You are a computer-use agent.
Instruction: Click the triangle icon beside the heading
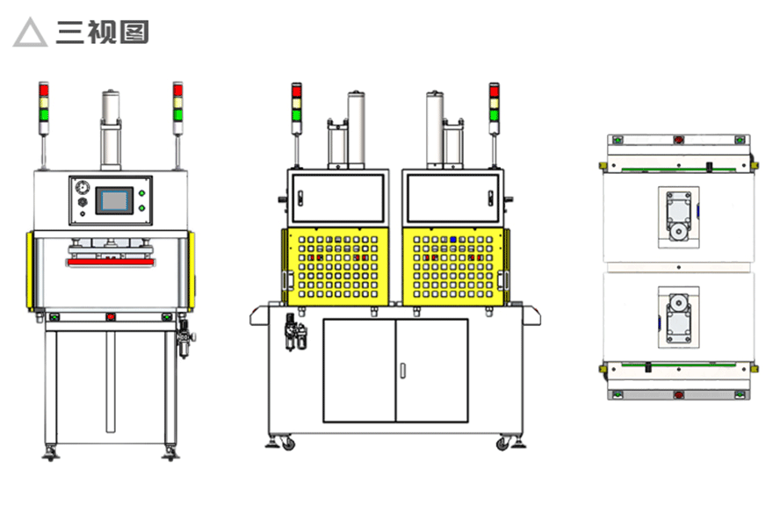[x=30, y=32]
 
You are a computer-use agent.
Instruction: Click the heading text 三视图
[x=103, y=32]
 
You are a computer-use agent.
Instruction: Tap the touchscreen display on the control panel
[x=114, y=200]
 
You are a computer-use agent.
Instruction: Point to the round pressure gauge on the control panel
[x=82, y=187]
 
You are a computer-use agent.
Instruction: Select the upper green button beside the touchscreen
[x=142, y=193]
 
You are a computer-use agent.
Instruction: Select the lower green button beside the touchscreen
[x=142, y=208]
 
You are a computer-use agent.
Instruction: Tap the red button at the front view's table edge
[x=111, y=316]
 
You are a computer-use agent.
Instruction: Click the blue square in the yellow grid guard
[x=453, y=240]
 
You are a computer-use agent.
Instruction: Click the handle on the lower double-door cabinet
[x=402, y=371]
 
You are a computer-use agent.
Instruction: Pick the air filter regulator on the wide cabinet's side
[x=295, y=332]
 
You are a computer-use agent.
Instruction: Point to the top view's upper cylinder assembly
[x=678, y=218]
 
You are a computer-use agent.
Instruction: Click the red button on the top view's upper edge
[x=678, y=140]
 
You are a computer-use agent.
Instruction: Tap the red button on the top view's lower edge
[x=678, y=394]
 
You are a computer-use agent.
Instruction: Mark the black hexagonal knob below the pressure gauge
[x=82, y=202]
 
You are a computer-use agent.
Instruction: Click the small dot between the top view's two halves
[x=679, y=267]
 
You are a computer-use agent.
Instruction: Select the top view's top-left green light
[x=618, y=140]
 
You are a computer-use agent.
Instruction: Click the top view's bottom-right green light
[x=740, y=394]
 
